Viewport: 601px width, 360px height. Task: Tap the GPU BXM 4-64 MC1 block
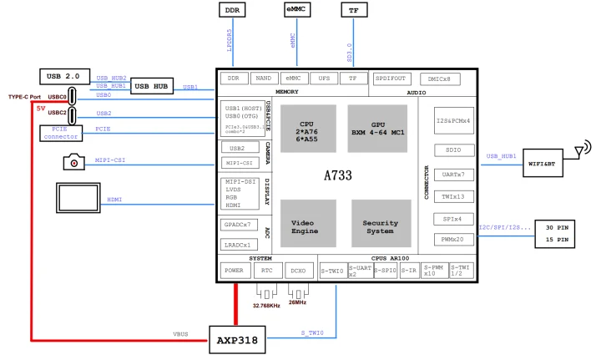[x=376, y=128]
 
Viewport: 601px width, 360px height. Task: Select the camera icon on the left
[x=75, y=162]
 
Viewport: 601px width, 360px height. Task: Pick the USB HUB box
[x=153, y=85]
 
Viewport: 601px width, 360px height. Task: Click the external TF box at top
[x=352, y=10]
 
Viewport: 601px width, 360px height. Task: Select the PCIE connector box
[x=61, y=132]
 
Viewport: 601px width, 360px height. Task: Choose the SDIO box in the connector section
[x=453, y=150]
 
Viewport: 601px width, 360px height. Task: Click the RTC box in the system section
[x=266, y=270]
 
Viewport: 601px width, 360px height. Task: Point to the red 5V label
[x=40, y=108]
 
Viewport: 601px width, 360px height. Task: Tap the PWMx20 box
[x=453, y=239]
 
